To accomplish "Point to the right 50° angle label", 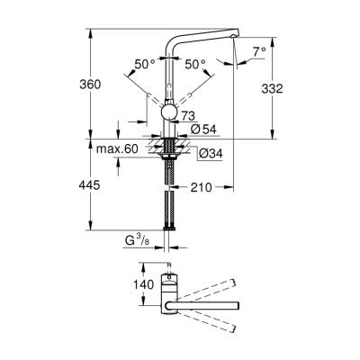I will tap(197, 64).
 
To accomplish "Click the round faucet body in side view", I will tap(169, 111).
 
